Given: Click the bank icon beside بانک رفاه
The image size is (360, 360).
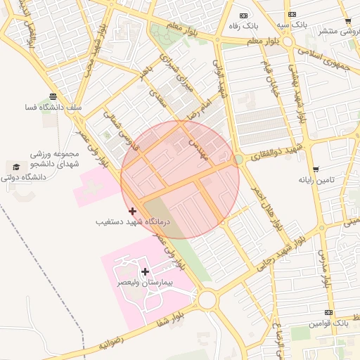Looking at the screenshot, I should coord(244,15).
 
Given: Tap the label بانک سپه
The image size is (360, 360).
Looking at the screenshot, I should coord(291,25).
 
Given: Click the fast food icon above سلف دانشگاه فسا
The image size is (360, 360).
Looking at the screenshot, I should coord(53,96).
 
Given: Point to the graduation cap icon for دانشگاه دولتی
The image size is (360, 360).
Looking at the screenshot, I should coord(15,167).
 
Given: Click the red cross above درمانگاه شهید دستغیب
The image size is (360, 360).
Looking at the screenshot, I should coord(132,211).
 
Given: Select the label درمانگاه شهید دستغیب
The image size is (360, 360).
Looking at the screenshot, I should coord(133,221).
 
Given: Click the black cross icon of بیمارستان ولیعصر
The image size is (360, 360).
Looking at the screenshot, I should coord(145,271).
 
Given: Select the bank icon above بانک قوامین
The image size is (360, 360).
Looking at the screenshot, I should coord(328,312).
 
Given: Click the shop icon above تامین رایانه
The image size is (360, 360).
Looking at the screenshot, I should coord(316,169).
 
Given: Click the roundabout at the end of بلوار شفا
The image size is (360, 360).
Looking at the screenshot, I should coord(207,300).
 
